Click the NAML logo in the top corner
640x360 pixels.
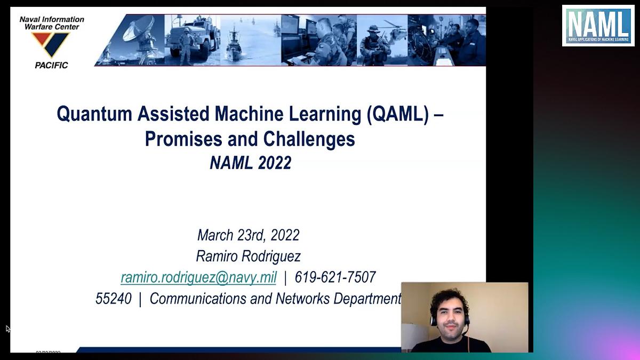(x=597, y=26)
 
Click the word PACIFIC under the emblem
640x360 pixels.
(x=51, y=65)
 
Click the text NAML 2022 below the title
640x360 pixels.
(x=250, y=163)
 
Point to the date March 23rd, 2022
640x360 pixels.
(x=248, y=235)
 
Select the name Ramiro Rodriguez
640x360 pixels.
(x=248, y=256)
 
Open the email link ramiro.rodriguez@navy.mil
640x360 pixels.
(x=198, y=277)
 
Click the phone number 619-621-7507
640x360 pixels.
(x=335, y=277)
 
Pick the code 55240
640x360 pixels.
(x=114, y=299)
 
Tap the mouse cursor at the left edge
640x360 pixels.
(x=7, y=329)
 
